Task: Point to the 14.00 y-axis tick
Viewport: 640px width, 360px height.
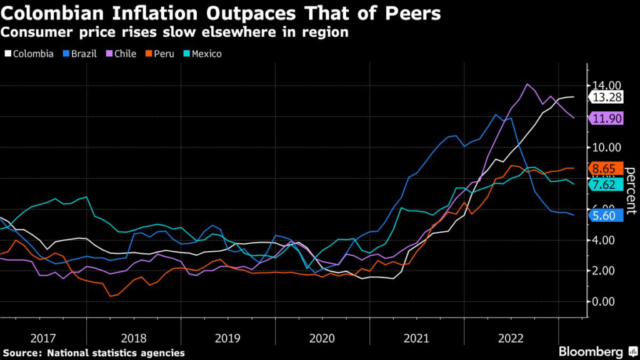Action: (x=606, y=86)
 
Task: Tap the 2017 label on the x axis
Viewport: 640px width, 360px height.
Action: (x=42, y=338)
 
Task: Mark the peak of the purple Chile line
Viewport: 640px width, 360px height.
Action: (x=527, y=84)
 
